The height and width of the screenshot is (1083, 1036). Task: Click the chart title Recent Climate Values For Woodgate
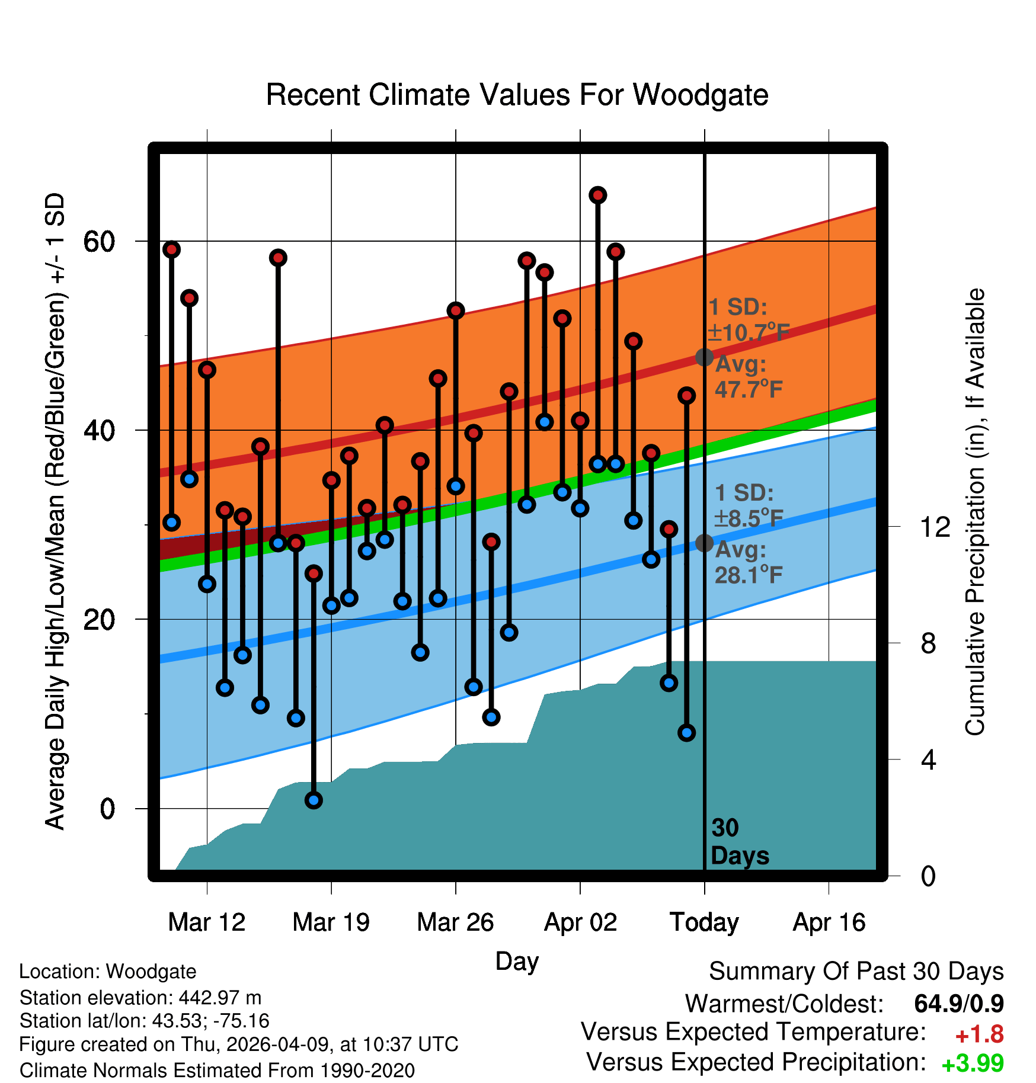[x=517, y=95]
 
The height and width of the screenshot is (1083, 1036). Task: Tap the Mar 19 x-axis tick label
[x=331, y=922]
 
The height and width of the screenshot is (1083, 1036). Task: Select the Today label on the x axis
[x=704, y=922]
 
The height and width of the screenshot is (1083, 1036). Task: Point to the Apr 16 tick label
[x=829, y=922]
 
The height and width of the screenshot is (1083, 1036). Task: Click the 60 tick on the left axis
[x=99, y=241]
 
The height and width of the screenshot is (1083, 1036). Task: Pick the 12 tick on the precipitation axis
[x=935, y=526]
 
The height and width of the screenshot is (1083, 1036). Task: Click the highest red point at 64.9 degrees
[x=598, y=195]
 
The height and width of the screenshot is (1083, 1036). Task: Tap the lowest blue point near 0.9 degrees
[x=314, y=800]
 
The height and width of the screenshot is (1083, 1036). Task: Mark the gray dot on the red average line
[x=704, y=357]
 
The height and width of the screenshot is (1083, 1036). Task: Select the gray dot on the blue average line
[x=704, y=543]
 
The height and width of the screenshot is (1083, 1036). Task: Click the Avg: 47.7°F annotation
[x=749, y=377]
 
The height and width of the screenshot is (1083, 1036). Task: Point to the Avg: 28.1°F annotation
[x=749, y=562]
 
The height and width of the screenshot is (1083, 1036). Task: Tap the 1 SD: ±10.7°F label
[x=749, y=320]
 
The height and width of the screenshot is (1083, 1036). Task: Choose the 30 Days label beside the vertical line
[x=740, y=842]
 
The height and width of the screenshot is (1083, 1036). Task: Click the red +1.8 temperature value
[x=979, y=1034]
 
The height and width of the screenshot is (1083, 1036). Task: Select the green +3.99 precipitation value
[x=973, y=1063]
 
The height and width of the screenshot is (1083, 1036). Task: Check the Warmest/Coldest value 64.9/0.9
[x=959, y=1004]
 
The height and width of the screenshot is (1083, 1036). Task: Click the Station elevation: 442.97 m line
[x=140, y=998]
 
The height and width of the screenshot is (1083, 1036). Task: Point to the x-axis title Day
[x=517, y=962]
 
